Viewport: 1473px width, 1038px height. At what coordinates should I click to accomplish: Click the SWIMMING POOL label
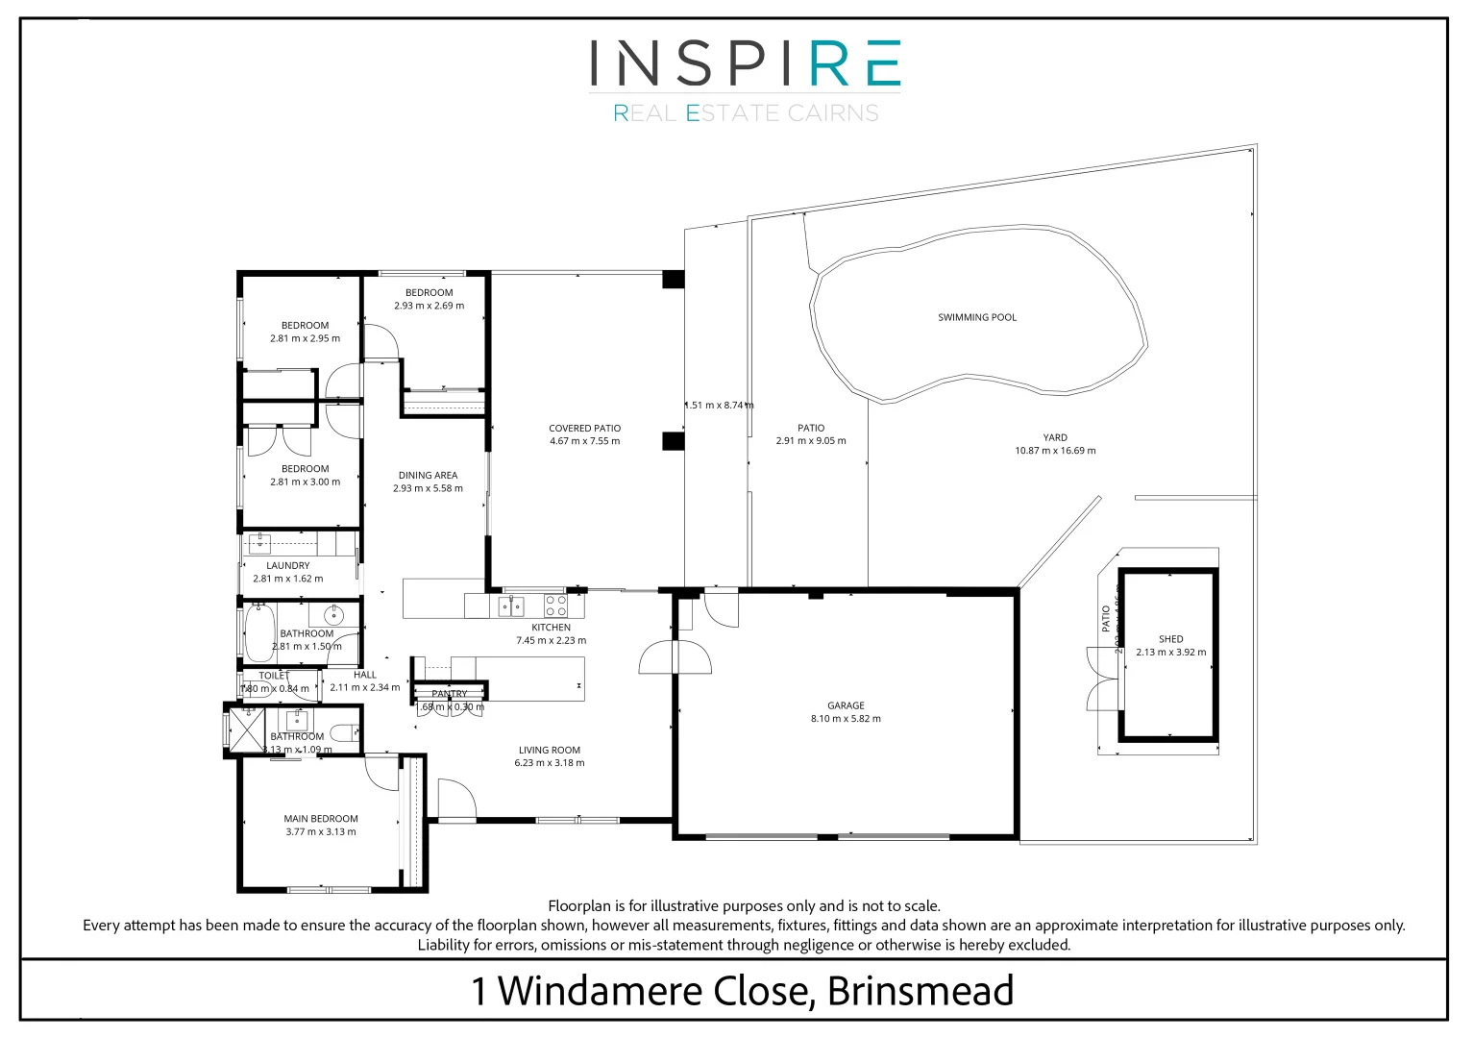pyautogui.click(x=976, y=317)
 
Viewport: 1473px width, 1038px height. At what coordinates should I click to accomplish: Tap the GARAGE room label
pyautogui.click(x=846, y=705)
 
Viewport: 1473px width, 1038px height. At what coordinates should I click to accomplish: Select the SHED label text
pyautogui.click(x=1170, y=639)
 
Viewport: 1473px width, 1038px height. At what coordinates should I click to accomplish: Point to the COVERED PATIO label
pyautogui.click(x=584, y=429)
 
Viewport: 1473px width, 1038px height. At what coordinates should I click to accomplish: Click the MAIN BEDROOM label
pyautogui.click(x=321, y=819)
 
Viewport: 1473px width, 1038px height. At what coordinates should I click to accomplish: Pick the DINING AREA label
pyautogui.click(x=428, y=476)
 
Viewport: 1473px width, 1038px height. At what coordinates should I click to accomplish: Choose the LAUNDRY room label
pyautogui.click(x=288, y=566)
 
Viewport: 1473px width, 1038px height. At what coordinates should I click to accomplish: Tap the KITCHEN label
pyautogui.click(x=551, y=628)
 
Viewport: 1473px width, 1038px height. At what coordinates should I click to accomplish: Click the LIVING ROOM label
pyautogui.click(x=549, y=751)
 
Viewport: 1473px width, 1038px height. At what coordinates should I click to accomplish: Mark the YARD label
pyautogui.click(x=1055, y=437)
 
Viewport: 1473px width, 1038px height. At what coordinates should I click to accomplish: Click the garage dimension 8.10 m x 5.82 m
pyautogui.click(x=846, y=719)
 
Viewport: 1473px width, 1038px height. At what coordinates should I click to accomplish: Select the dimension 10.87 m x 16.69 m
pyautogui.click(x=1055, y=451)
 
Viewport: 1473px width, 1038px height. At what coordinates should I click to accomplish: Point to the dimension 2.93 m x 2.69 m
pyautogui.click(x=429, y=306)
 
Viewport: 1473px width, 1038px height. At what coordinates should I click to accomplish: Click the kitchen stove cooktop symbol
pyautogui.click(x=556, y=605)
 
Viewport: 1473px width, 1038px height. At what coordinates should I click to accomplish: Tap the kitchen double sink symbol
pyautogui.click(x=510, y=606)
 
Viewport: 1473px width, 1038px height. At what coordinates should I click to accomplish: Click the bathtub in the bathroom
pyautogui.click(x=259, y=633)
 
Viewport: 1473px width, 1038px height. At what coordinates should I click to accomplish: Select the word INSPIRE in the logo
pyautogui.click(x=745, y=63)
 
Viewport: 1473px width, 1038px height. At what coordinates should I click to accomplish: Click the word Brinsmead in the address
pyautogui.click(x=921, y=991)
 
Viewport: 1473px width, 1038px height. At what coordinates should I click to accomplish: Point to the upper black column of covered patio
pyautogui.click(x=673, y=280)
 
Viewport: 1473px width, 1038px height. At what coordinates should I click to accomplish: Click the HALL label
pyautogui.click(x=365, y=675)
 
